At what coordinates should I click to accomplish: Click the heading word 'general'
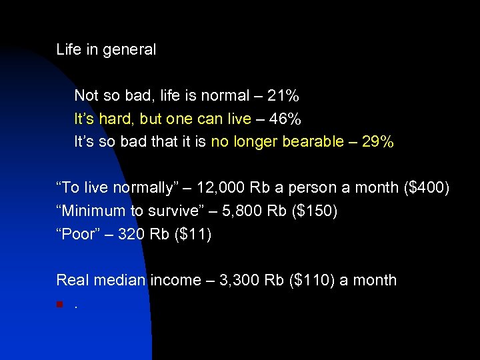[130, 49]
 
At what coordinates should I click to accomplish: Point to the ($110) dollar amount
[309, 281]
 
